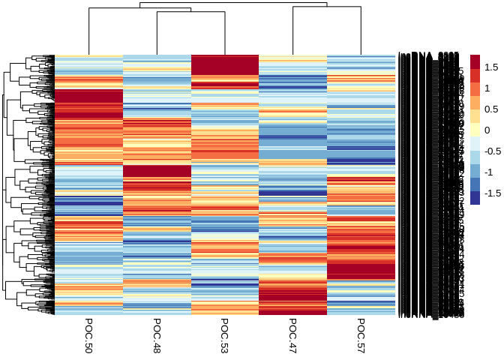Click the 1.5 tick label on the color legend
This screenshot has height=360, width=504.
click(x=492, y=67)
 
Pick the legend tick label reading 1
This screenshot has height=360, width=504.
click(x=487, y=88)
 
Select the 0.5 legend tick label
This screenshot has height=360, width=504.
click(x=492, y=109)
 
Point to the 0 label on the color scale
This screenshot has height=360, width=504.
click(x=487, y=130)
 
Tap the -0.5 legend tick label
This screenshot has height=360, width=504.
click(x=493, y=151)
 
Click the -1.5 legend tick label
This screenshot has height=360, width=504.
click(x=493, y=193)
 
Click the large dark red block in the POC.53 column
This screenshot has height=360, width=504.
click(x=225, y=65)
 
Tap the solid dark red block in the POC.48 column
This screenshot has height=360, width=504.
click(x=157, y=171)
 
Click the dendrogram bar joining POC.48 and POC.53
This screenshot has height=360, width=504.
click(x=191, y=12)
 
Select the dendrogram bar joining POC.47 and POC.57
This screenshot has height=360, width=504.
click(x=327, y=7)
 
